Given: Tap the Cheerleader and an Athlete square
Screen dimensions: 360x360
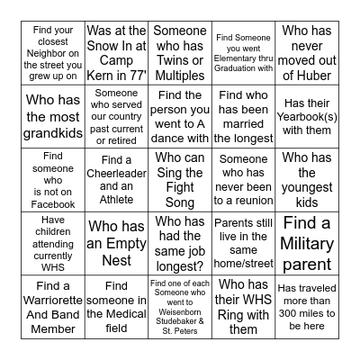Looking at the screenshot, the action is (117, 179).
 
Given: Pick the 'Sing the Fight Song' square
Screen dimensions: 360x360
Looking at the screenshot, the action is (180, 179).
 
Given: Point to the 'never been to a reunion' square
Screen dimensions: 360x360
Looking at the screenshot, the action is (243, 179).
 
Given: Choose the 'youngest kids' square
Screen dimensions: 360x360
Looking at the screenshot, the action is (306, 179).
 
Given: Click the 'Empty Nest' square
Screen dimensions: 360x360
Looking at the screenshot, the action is (117, 243).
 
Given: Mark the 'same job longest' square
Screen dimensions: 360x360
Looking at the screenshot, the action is (180, 243).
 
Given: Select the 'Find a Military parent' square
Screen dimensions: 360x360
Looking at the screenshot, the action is (306, 243).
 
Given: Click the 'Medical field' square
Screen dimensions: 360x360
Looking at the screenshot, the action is (117, 307).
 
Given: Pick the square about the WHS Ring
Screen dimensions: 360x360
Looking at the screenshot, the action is (243, 307).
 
